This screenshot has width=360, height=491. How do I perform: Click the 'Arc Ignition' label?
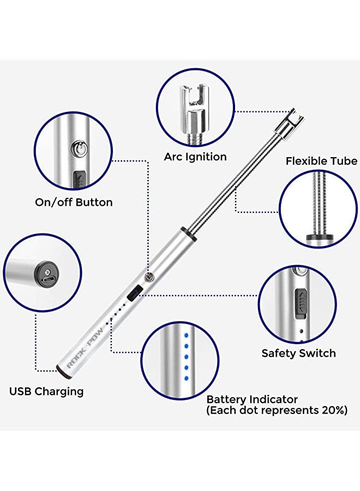[x=195, y=157]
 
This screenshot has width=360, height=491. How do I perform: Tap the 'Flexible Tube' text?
[x=322, y=161]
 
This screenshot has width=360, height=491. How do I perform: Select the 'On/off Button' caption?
[x=74, y=202]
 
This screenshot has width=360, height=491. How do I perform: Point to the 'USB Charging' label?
[x=46, y=391]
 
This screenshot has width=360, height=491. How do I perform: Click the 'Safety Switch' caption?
[x=298, y=353]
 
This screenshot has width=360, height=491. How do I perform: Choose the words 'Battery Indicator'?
[x=252, y=399]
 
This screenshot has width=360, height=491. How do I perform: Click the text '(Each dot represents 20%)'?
[x=277, y=411]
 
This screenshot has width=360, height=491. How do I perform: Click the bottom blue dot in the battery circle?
[x=186, y=372]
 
